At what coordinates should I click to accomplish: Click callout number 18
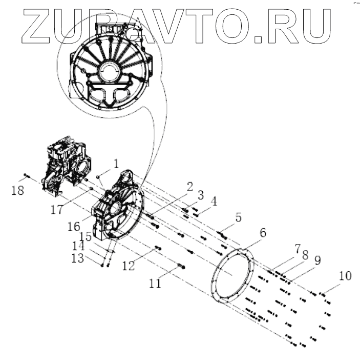17,191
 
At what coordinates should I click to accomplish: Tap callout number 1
116,164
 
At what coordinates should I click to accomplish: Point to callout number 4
213,201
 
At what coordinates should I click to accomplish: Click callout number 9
317,260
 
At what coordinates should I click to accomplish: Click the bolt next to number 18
27,177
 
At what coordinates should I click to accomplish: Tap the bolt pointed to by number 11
181,265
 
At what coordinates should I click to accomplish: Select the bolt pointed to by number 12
158,248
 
